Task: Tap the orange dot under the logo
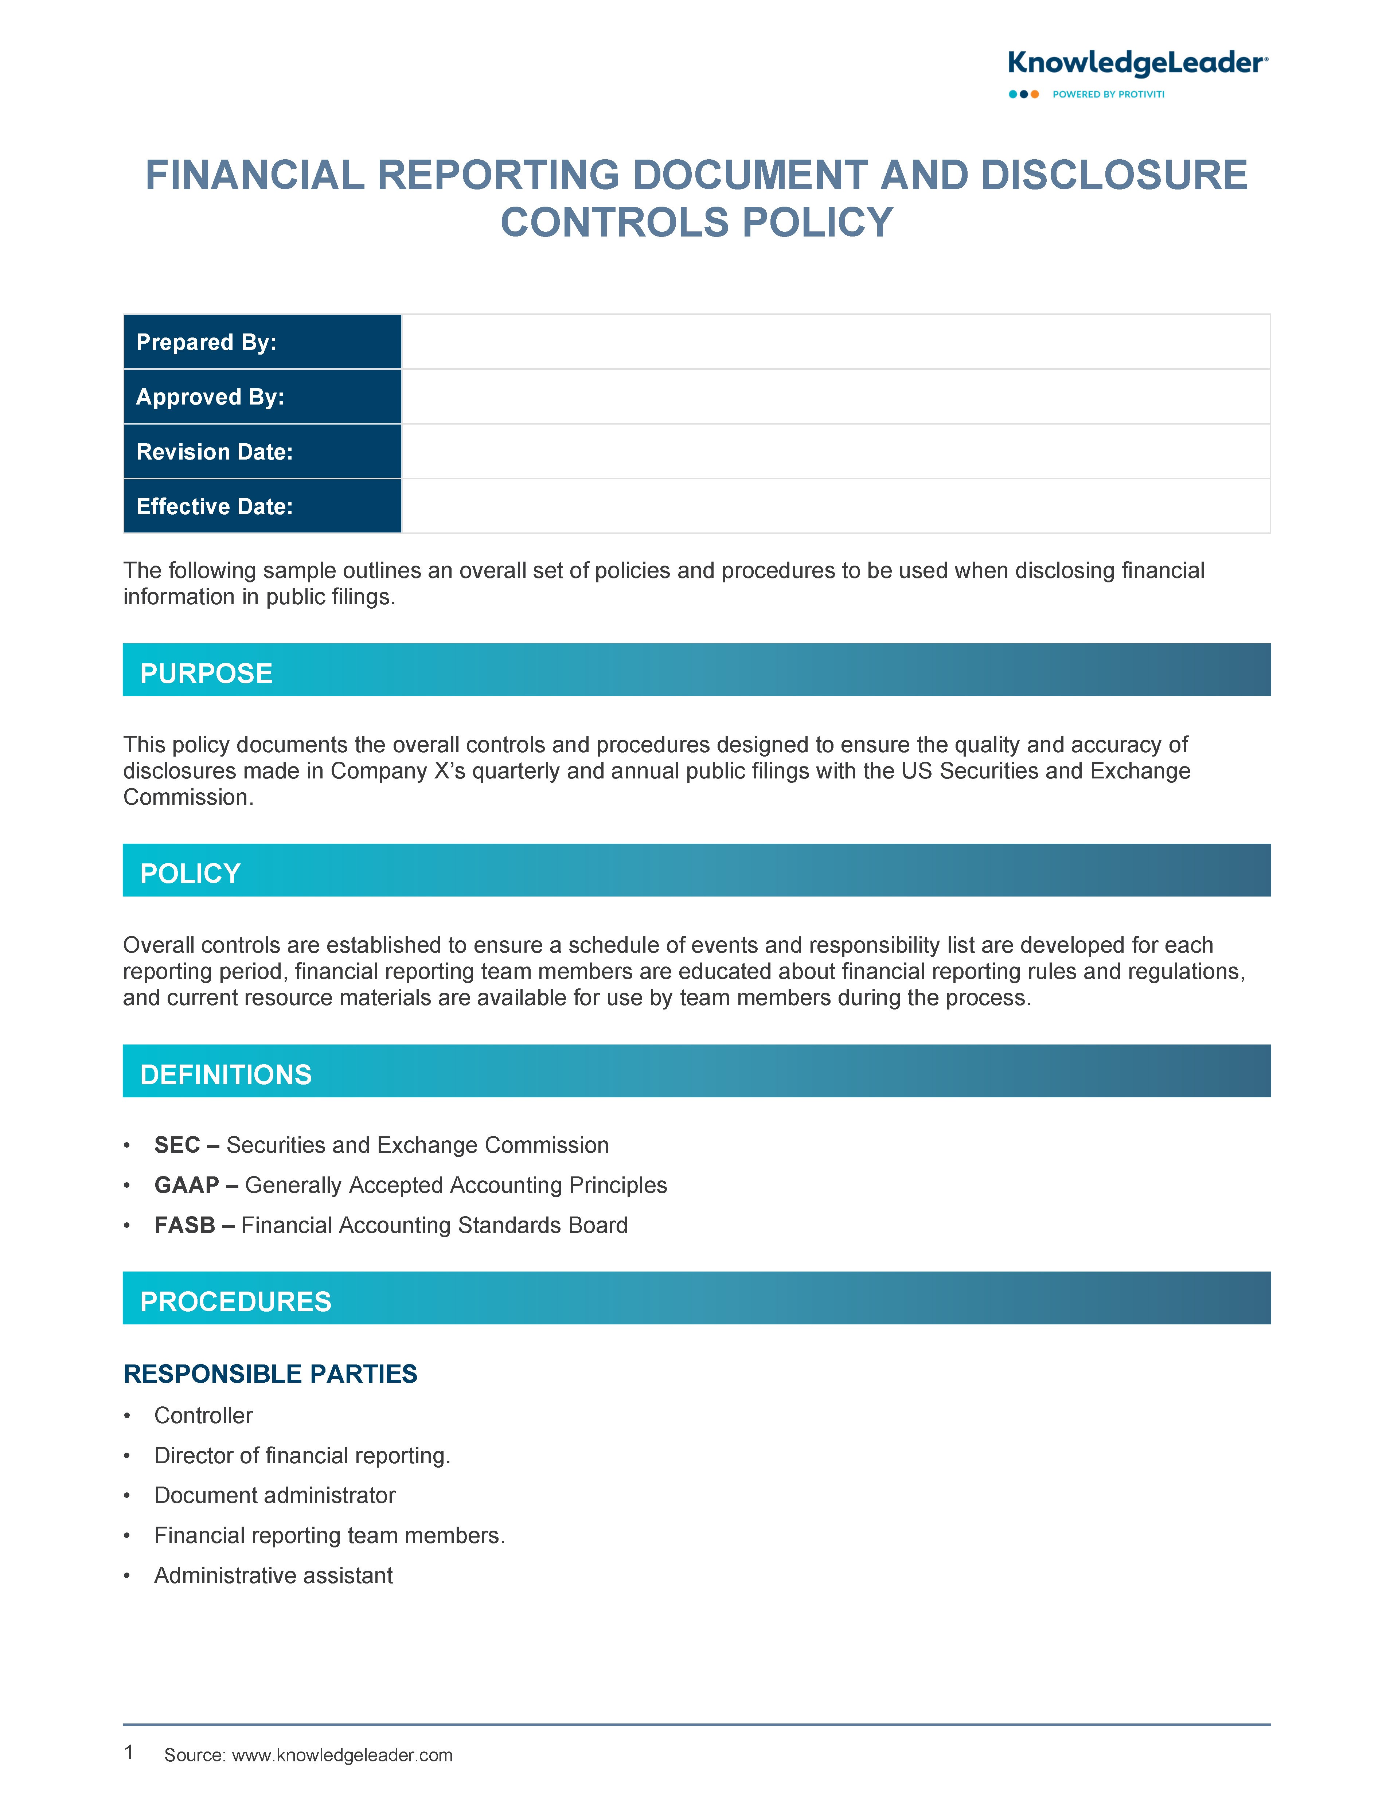1035,94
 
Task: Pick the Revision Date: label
214,452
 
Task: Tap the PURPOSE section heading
206,673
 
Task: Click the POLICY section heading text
190,873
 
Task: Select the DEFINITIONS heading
226,1074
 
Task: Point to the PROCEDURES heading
236,1301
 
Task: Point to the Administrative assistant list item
273,1575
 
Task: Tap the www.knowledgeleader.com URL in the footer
342,1755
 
